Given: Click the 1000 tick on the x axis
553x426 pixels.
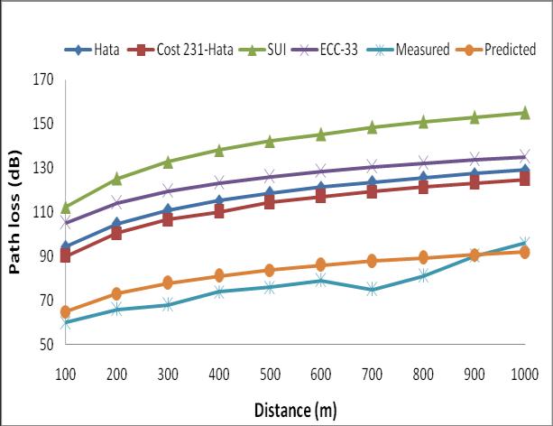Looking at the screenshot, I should (524, 373).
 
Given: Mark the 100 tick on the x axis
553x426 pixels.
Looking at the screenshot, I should (66, 373).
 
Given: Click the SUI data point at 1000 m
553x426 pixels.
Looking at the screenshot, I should (524, 113).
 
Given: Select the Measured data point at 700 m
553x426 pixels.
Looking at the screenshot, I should (372, 290).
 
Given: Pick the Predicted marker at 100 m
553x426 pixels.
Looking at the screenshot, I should (66, 311).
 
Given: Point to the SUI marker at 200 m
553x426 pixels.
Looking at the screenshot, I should (116, 179).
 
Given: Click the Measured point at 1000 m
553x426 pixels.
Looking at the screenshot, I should (524, 243).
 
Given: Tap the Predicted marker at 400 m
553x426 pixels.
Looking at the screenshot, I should (218, 276).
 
